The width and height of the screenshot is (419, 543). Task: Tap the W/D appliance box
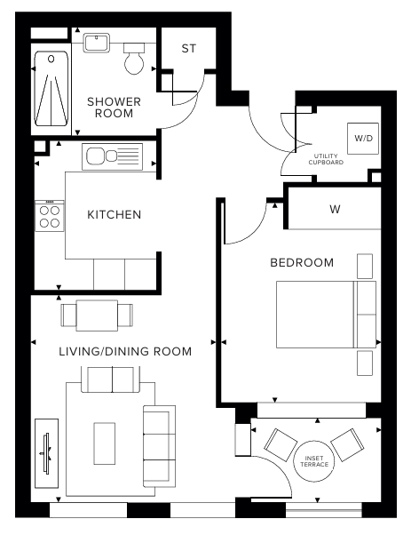[363, 139]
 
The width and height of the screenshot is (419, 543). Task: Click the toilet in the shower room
[135, 59]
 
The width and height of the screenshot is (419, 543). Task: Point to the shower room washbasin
[96, 44]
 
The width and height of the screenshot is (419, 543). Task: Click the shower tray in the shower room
[51, 90]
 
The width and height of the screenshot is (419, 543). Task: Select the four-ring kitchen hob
[48, 217]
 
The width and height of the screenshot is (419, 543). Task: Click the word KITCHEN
[115, 215]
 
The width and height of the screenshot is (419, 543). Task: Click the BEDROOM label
[302, 262]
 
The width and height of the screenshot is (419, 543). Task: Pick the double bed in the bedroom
[325, 315]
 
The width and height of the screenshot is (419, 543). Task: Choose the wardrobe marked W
[335, 210]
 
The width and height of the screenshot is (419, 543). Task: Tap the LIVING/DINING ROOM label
[125, 351]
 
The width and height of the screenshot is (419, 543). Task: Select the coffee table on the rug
[105, 442]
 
